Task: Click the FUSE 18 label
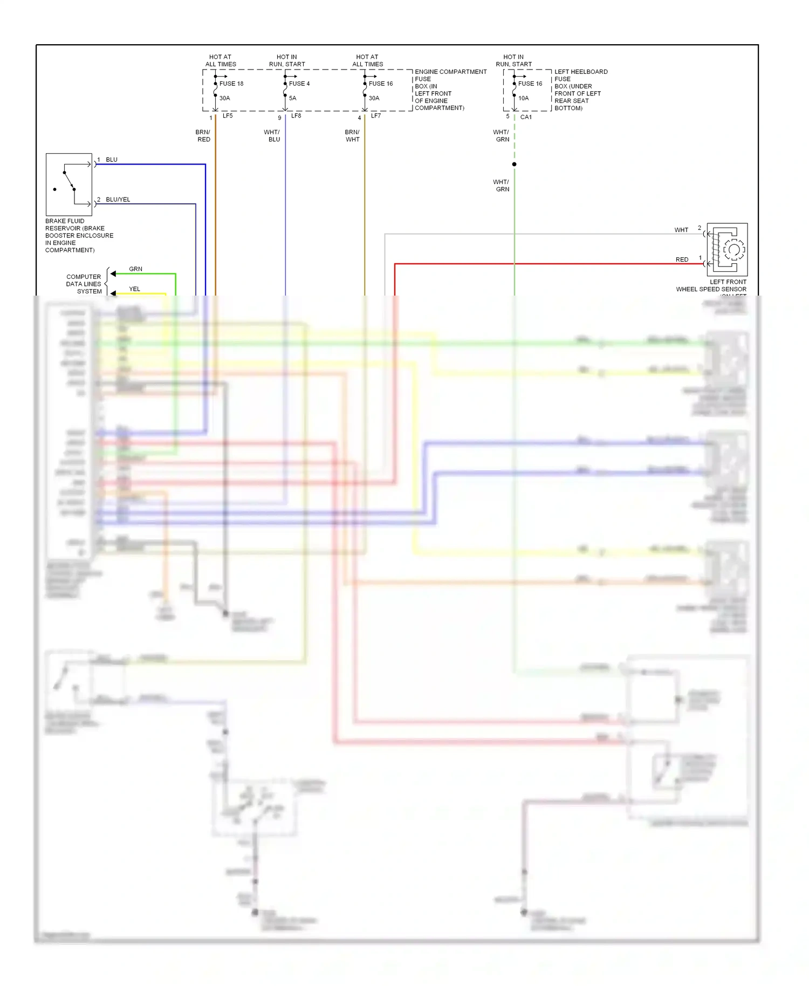click(x=231, y=84)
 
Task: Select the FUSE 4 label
click(x=299, y=84)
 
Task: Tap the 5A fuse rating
click(x=293, y=98)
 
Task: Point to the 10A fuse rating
click(x=524, y=98)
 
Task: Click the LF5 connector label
click(x=228, y=116)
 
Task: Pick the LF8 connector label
click(x=296, y=116)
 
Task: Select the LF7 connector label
click(x=376, y=116)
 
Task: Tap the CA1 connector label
click(x=526, y=117)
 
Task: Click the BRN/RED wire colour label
click(x=203, y=136)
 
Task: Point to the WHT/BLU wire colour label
click(x=272, y=136)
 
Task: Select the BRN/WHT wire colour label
click(x=352, y=136)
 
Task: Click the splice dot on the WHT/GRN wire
click(x=515, y=164)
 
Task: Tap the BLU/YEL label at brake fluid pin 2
click(x=118, y=200)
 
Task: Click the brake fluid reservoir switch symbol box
click(x=69, y=184)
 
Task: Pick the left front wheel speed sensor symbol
click(x=727, y=249)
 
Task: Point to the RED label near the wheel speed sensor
click(x=682, y=259)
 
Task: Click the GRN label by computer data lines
click(x=136, y=269)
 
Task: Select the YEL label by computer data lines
click(x=135, y=289)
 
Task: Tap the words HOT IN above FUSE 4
click(x=287, y=57)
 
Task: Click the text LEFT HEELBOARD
click(x=581, y=72)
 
